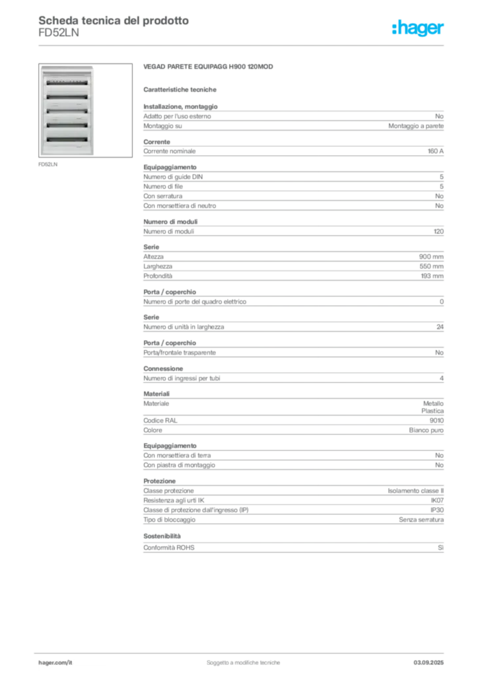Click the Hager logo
coord(418,28)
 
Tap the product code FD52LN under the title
coord(59,33)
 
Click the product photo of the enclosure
coord(85,110)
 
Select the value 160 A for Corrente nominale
coord(435,151)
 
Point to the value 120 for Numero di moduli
coord(438,232)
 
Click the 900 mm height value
coord(431,257)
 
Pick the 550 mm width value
coord(431,267)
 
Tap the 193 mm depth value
coord(432,276)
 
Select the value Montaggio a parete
coord(416,126)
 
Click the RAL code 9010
coord(436,421)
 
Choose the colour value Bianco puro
coord(427,430)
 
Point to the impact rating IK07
coord(437,500)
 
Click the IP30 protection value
coord(437,510)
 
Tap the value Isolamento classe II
coord(415,490)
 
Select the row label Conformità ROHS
coord(169,547)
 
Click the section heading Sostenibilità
coord(162,536)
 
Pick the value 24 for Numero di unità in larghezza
coord(440,327)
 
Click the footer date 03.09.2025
coord(428,663)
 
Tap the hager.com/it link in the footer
coord(55,663)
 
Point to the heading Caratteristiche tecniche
coord(180,90)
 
